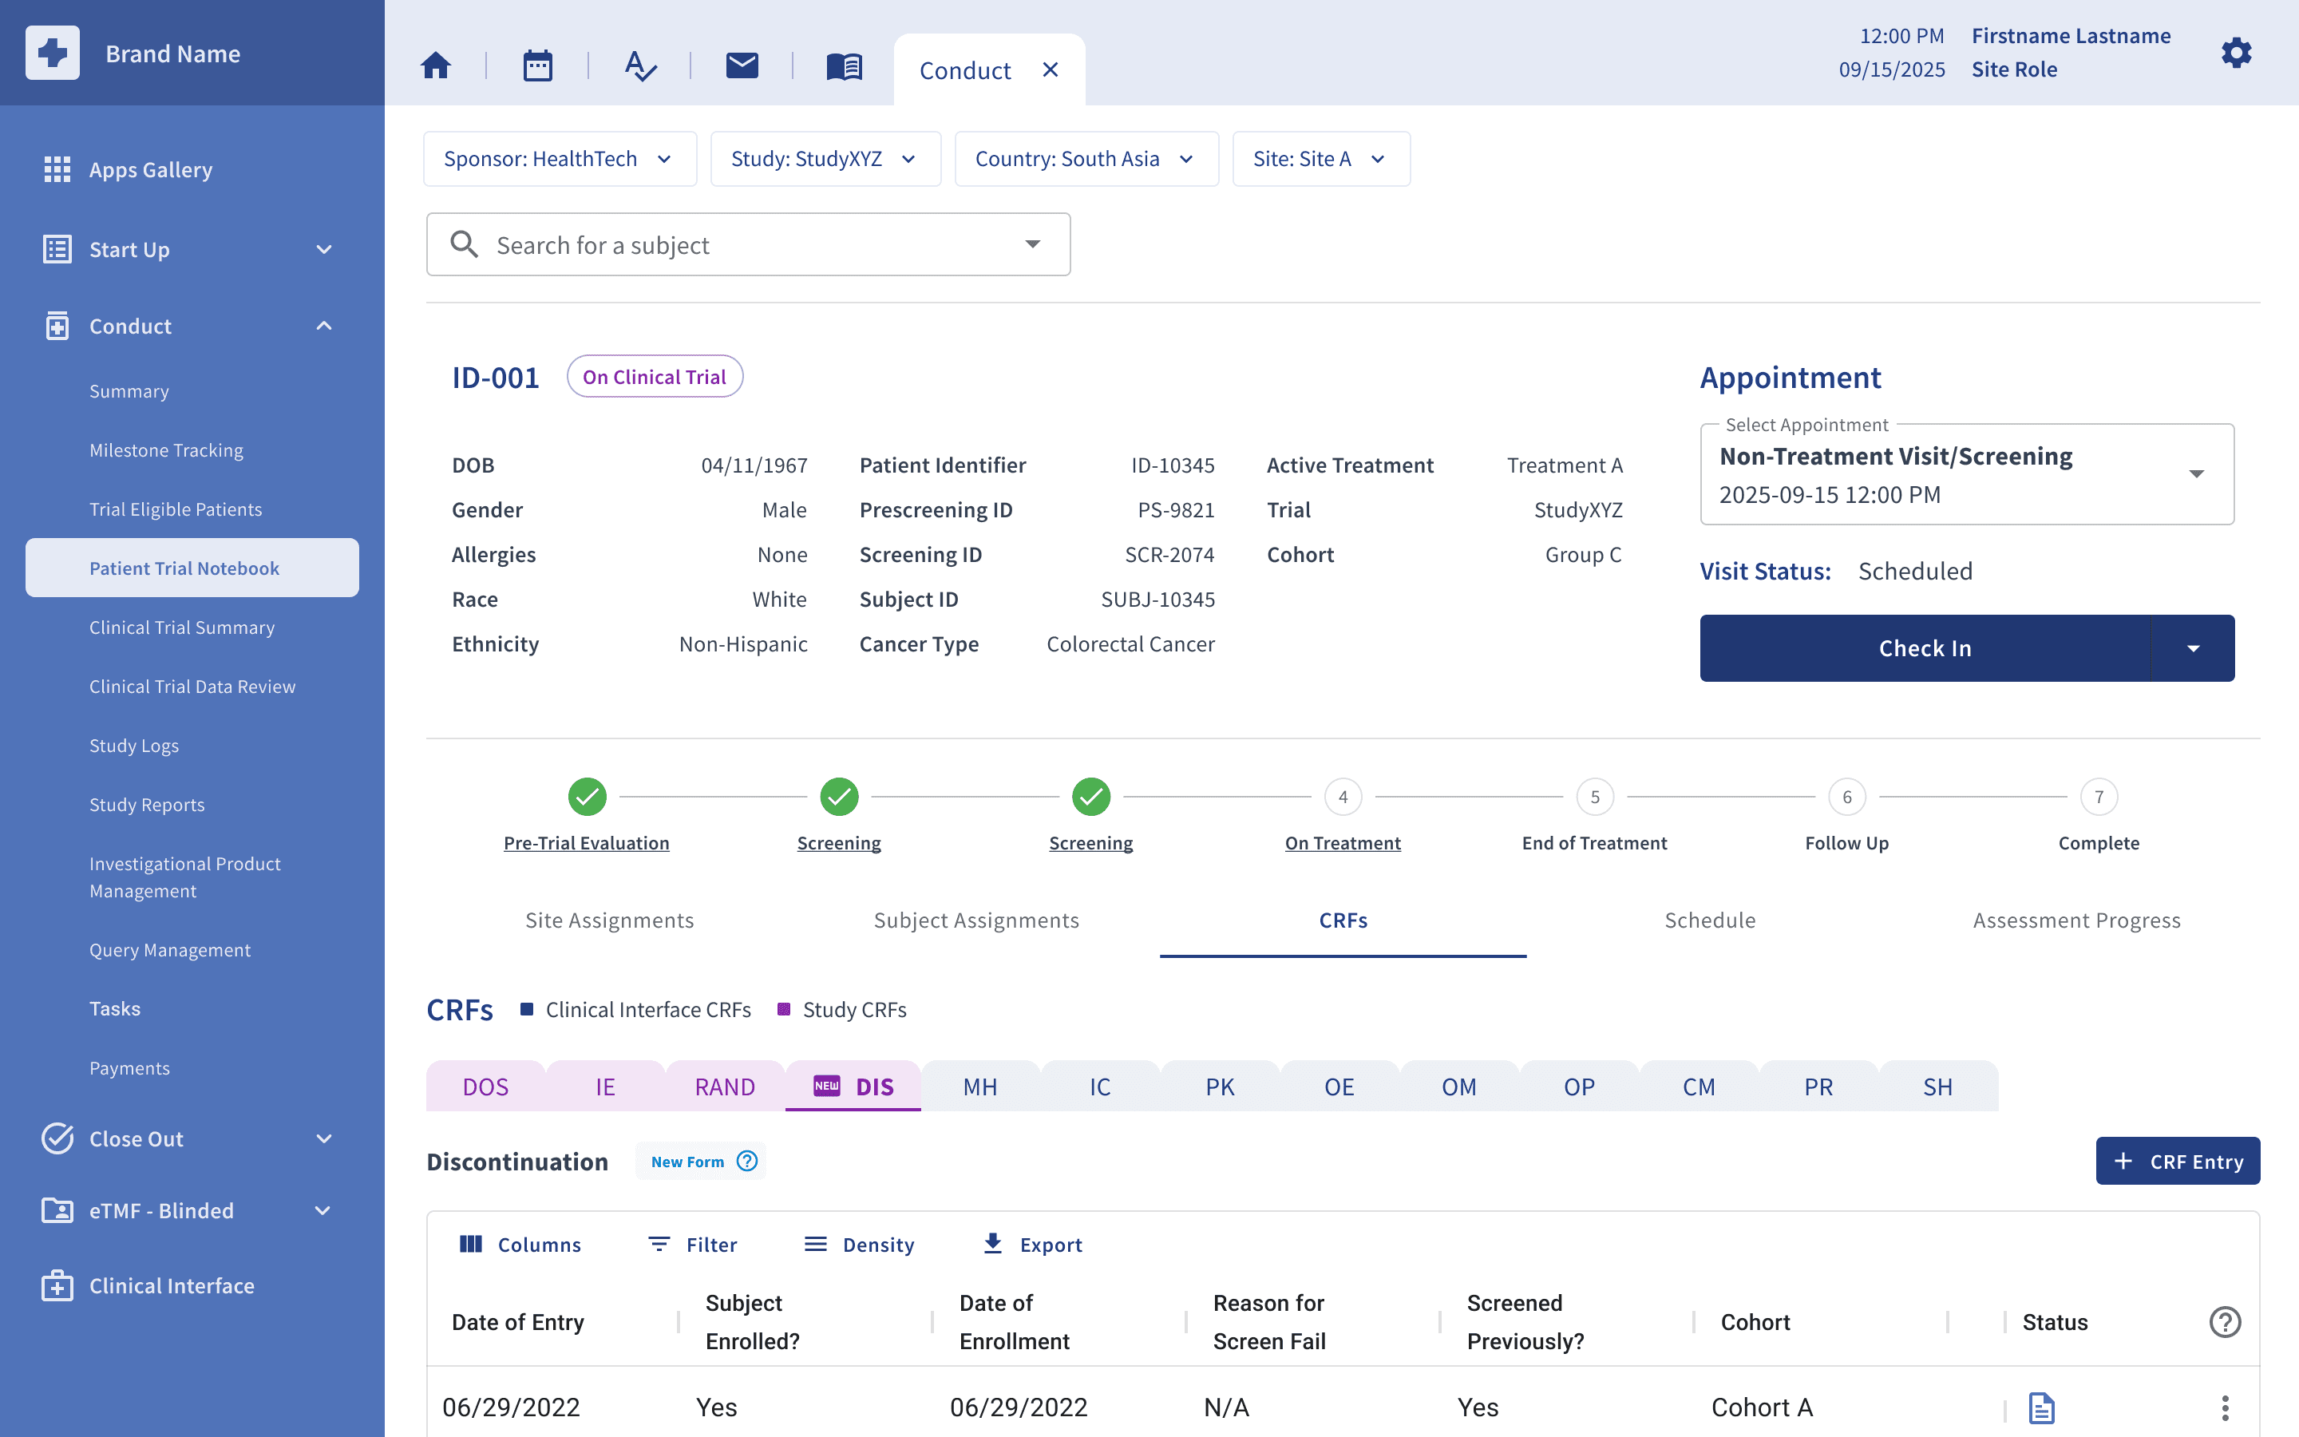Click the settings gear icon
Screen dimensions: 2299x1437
pos(2236,53)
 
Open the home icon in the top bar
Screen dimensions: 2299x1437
pos(436,65)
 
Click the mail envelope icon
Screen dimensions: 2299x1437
pos(742,65)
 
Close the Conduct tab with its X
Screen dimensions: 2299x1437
pos(1050,69)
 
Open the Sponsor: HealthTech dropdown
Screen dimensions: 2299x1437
pos(560,159)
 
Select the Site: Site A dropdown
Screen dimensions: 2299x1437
pos(1320,159)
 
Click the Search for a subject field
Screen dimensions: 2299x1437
pos(748,245)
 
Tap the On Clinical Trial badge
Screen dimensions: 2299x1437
pos(655,378)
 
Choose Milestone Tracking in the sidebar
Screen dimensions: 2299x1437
pos(166,450)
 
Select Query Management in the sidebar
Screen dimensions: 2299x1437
pos(170,950)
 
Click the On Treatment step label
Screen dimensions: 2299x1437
pos(1343,843)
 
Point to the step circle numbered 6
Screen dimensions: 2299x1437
pos(1847,797)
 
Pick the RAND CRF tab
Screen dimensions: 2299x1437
pos(725,1087)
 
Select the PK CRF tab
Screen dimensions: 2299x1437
pos(1220,1087)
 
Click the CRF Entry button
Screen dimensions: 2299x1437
pos(2178,1161)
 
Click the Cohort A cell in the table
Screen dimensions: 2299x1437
pos(1763,1407)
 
